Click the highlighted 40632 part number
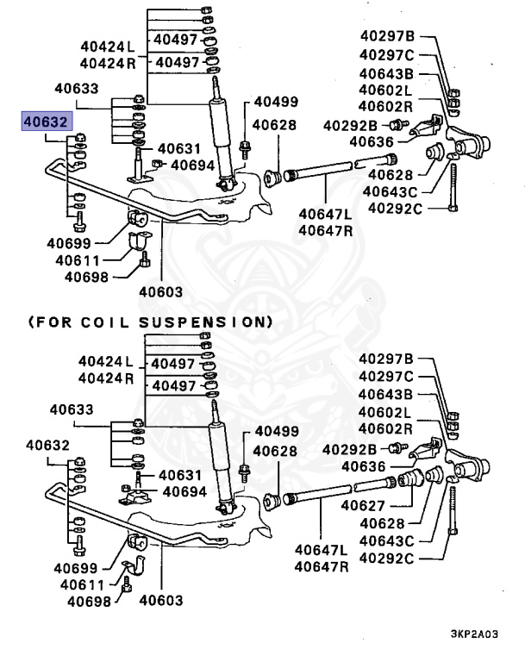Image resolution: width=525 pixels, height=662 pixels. click(47, 123)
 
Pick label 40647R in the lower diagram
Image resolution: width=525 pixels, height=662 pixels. click(322, 566)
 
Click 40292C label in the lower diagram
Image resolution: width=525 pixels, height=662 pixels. click(386, 559)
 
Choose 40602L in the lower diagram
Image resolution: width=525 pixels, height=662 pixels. click(386, 411)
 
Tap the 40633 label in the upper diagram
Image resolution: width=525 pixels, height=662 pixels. click(76, 88)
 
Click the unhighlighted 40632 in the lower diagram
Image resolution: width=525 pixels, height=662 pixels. click(47, 445)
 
